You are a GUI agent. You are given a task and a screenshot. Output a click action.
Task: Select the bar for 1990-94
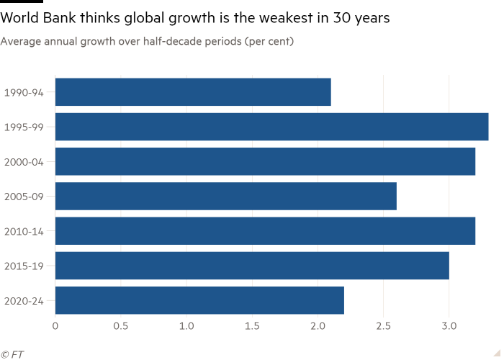click(193, 91)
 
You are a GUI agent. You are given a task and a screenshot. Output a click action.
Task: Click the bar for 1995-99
click(271, 127)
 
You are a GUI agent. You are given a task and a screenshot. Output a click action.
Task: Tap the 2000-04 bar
click(265, 161)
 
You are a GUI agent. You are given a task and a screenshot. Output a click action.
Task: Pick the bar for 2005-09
click(225, 196)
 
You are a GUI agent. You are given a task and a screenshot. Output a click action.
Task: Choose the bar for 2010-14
click(265, 230)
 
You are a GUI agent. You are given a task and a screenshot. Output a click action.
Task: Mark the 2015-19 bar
click(252, 266)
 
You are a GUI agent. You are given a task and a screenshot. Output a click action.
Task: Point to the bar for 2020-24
click(199, 300)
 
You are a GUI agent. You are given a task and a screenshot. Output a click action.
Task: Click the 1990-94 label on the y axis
click(24, 92)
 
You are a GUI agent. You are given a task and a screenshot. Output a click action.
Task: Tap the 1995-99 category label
click(24, 127)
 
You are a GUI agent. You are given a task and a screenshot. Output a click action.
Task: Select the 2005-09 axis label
click(24, 197)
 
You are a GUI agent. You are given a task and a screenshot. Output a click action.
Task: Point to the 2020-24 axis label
click(24, 300)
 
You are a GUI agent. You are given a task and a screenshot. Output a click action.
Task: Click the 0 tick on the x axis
click(55, 326)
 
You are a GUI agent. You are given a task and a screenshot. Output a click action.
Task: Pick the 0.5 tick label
click(121, 326)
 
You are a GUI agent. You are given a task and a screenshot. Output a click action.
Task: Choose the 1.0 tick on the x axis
click(186, 326)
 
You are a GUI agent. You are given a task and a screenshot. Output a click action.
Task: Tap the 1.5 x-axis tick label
click(252, 326)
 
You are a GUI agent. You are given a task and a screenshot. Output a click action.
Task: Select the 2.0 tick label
click(318, 326)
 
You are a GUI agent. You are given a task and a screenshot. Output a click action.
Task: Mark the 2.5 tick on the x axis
click(383, 326)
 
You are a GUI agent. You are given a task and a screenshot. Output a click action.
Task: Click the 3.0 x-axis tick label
click(449, 326)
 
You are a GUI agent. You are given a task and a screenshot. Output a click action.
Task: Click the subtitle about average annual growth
click(147, 42)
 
